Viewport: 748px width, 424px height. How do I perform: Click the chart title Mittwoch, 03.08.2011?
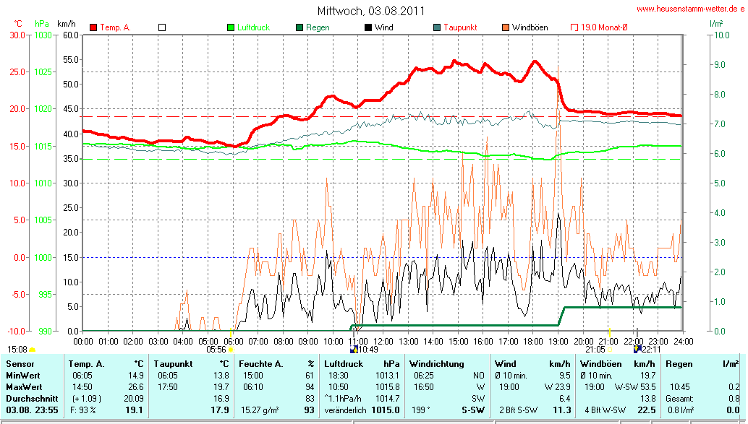click(371, 11)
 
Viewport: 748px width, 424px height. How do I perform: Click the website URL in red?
click(690, 9)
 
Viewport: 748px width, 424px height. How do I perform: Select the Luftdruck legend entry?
click(248, 27)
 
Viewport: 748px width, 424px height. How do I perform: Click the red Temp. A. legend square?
click(93, 27)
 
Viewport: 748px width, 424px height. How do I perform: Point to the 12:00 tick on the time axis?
click(383, 340)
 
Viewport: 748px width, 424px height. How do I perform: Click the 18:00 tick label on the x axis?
click(533, 340)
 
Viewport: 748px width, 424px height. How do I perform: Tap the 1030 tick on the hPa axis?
click(43, 35)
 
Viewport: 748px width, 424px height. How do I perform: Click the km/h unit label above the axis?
click(67, 24)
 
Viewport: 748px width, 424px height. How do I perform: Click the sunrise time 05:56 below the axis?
click(216, 349)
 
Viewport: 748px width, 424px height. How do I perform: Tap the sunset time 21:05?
click(595, 349)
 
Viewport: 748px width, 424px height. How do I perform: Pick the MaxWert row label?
click(25, 386)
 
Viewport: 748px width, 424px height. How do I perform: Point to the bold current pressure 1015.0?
click(386, 410)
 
